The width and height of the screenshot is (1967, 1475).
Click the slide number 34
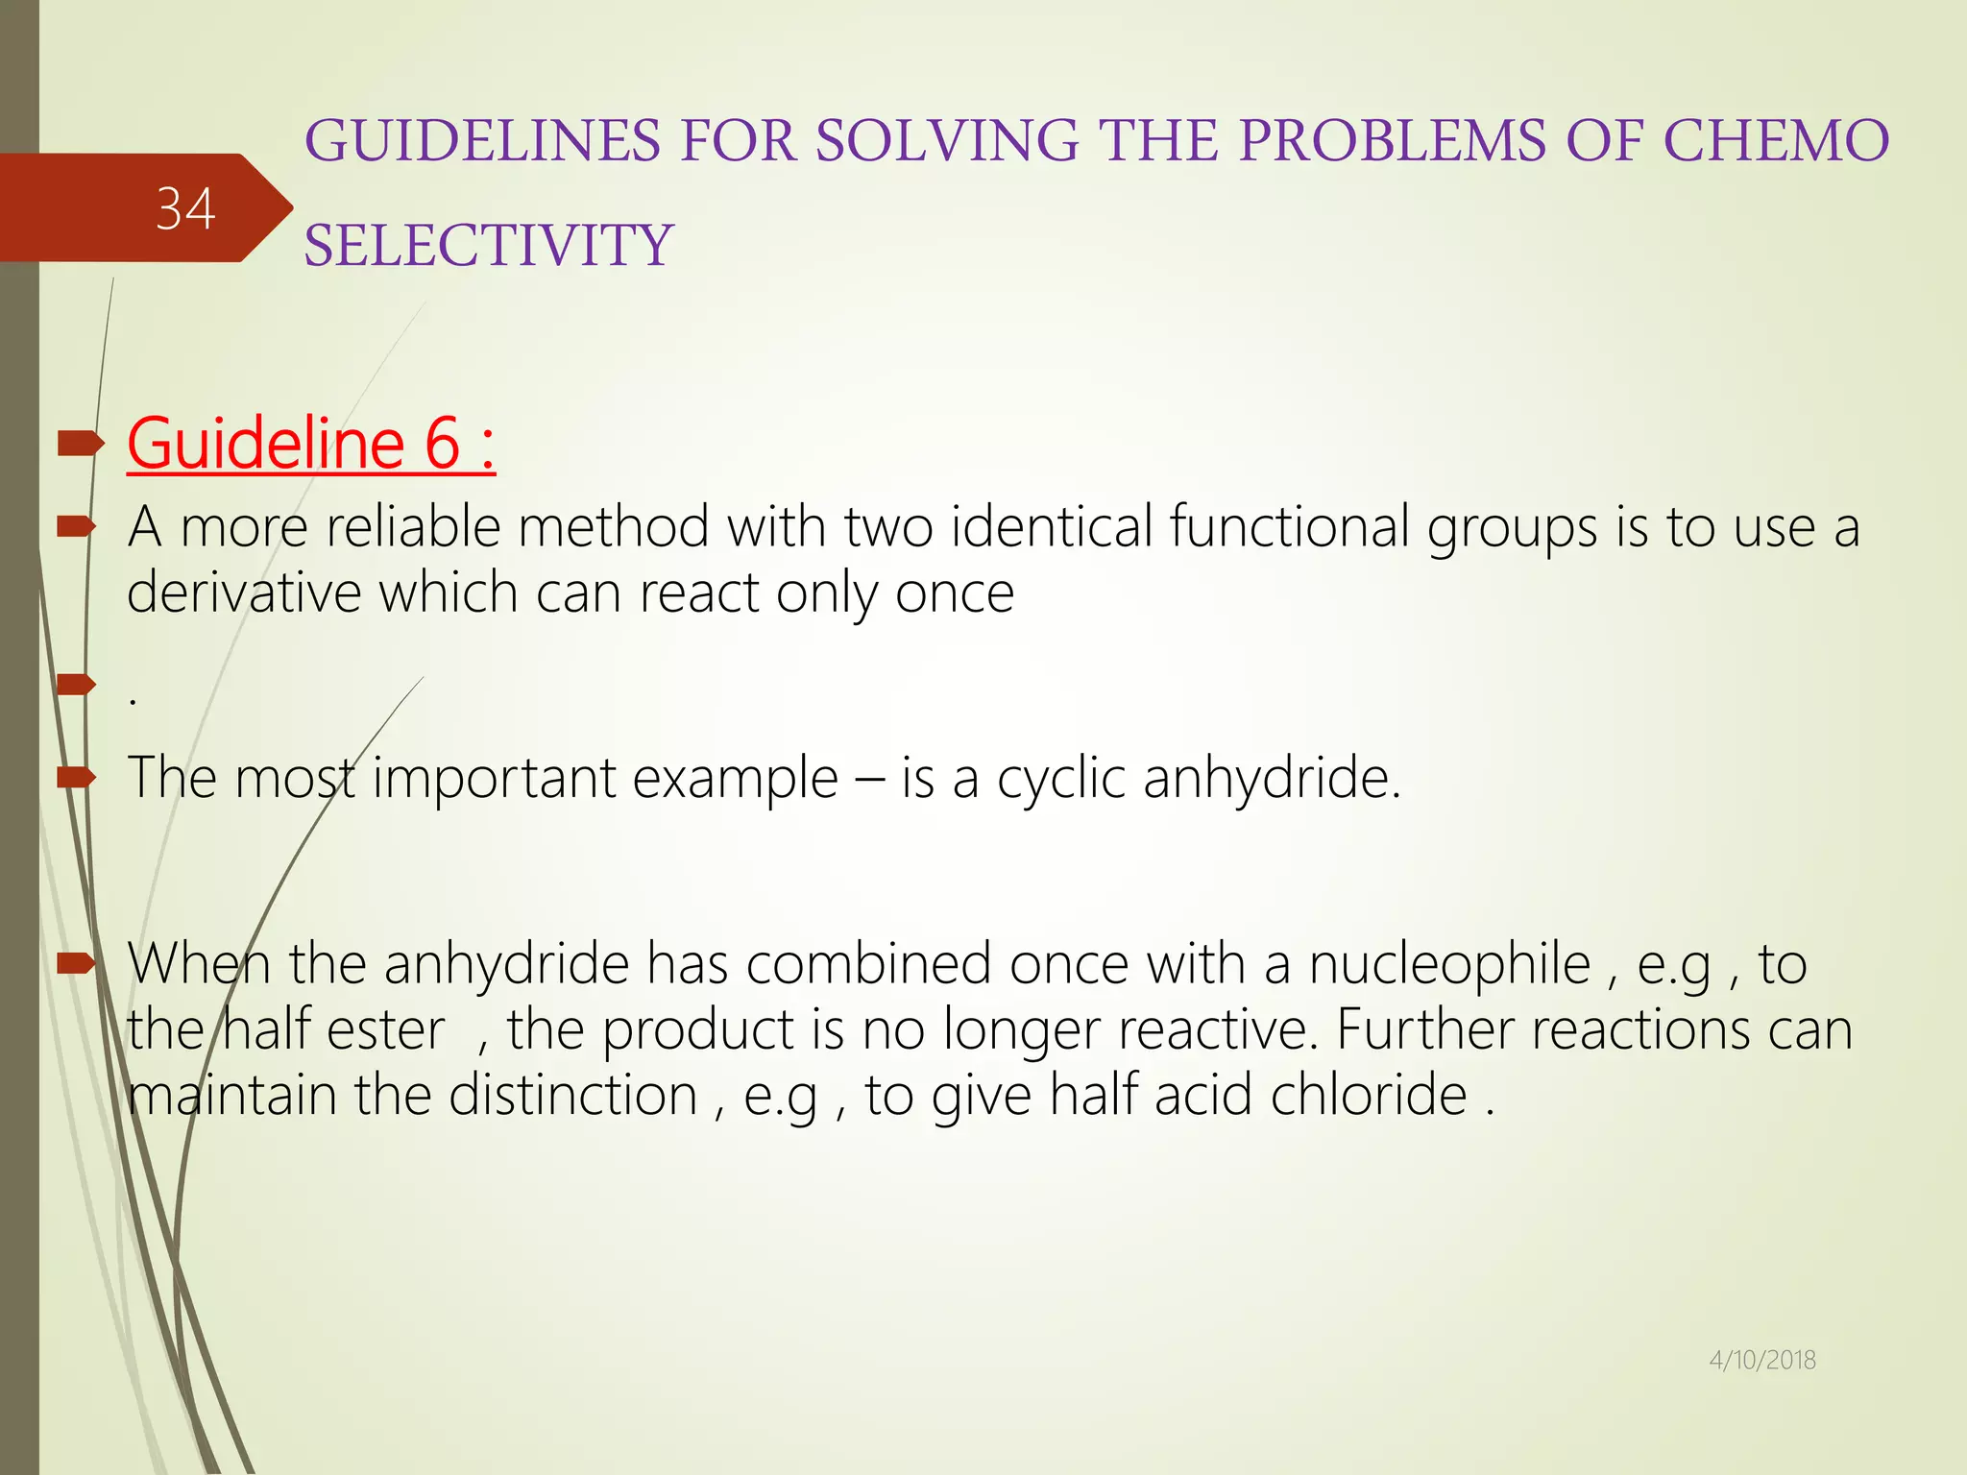pos(185,209)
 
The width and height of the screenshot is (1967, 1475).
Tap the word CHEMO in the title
pos(1776,141)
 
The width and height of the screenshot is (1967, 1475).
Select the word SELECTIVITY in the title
pos(489,245)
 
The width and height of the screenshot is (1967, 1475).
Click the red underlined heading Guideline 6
pos(311,444)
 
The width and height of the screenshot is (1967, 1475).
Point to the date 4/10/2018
pos(1762,1360)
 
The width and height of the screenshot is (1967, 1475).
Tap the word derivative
pos(244,592)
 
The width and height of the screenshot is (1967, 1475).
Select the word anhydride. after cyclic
pos(1272,778)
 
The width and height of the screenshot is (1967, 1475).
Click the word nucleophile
pos(1449,964)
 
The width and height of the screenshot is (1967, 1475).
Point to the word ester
pos(386,1030)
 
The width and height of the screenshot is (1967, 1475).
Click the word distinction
pos(572,1095)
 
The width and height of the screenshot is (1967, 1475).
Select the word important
pos(494,778)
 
